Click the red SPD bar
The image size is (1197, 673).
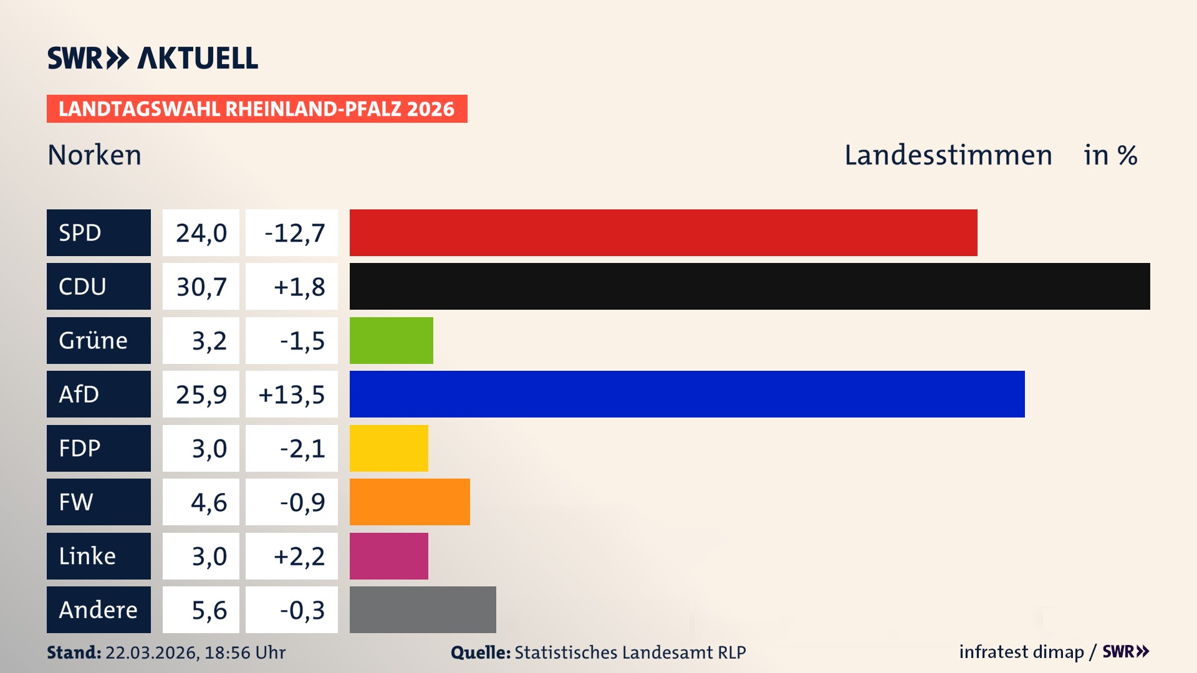[663, 232]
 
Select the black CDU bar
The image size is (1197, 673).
[749, 286]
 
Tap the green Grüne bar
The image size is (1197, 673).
[391, 340]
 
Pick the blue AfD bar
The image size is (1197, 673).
[687, 394]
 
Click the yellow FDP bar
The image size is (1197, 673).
[388, 448]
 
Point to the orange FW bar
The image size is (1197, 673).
[410, 502]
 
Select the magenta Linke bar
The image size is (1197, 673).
[388, 556]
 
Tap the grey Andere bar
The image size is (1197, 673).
[423, 609]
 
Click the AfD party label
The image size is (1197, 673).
[99, 394]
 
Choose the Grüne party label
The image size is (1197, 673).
[99, 340]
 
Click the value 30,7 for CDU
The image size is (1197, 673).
[201, 287]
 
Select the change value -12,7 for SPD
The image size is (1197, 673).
[292, 232]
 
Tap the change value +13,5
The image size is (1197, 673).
[292, 394]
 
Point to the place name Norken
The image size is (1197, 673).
[95, 155]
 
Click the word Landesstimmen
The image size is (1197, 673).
[948, 155]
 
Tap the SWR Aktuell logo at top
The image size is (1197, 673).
[152, 58]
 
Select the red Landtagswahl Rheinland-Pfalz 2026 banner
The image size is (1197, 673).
[257, 108]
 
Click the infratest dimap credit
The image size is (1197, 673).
[1021, 652]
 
